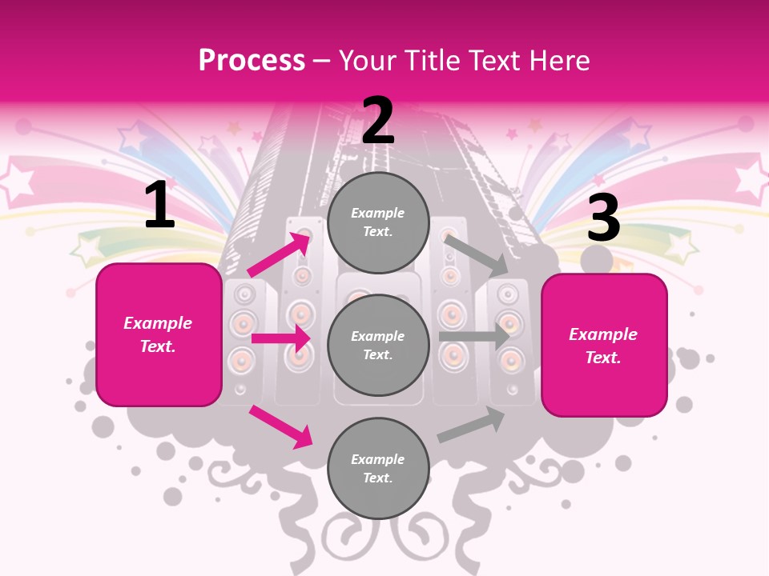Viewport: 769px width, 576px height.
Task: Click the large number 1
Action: pyautogui.click(x=159, y=205)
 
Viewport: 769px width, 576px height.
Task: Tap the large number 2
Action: pyautogui.click(x=378, y=121)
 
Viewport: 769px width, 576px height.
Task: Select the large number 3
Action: pyautogui.click(x=603, y=218)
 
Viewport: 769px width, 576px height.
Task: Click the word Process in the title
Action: pyautogui.click(x=252, y=60)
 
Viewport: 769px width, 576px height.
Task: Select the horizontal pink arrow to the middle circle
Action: pyautogui.click(x=280, y=338)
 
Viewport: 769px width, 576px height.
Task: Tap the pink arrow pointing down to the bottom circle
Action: pyautogui.click(x=280, y=426)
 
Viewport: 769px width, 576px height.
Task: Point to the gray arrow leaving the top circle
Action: pyautogui.click(x=477, y=255)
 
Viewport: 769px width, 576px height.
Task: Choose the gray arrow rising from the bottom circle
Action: pyautogui.click(x=471, y=424)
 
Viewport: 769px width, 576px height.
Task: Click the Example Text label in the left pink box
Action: pyautogui.click(x=158, y=334)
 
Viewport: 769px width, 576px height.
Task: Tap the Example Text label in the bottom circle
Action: pyautogui.click(x=378, y=468)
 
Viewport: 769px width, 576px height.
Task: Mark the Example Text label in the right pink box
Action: pyautogui.click(x=603, y=346)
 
